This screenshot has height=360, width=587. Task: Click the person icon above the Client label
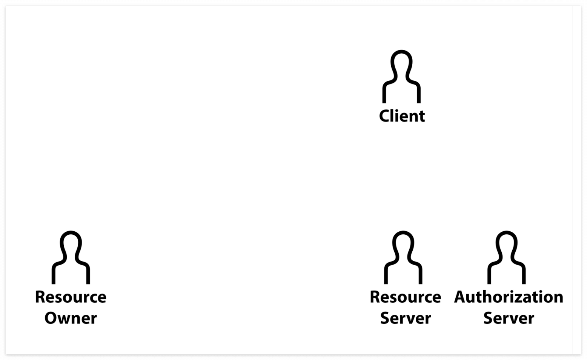401,77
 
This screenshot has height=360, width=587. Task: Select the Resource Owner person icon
71,258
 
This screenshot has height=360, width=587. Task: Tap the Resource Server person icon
403,258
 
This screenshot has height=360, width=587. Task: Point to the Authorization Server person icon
506,258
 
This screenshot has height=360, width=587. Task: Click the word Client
402,116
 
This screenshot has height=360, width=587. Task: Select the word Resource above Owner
71,297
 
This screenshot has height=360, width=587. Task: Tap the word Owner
71,318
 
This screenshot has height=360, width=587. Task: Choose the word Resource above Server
405,297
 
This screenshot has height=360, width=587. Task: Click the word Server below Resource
405,318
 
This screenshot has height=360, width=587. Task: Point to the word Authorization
509,297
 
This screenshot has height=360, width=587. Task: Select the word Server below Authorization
509,318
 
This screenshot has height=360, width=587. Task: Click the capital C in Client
384,116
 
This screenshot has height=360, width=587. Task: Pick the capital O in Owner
51,318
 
